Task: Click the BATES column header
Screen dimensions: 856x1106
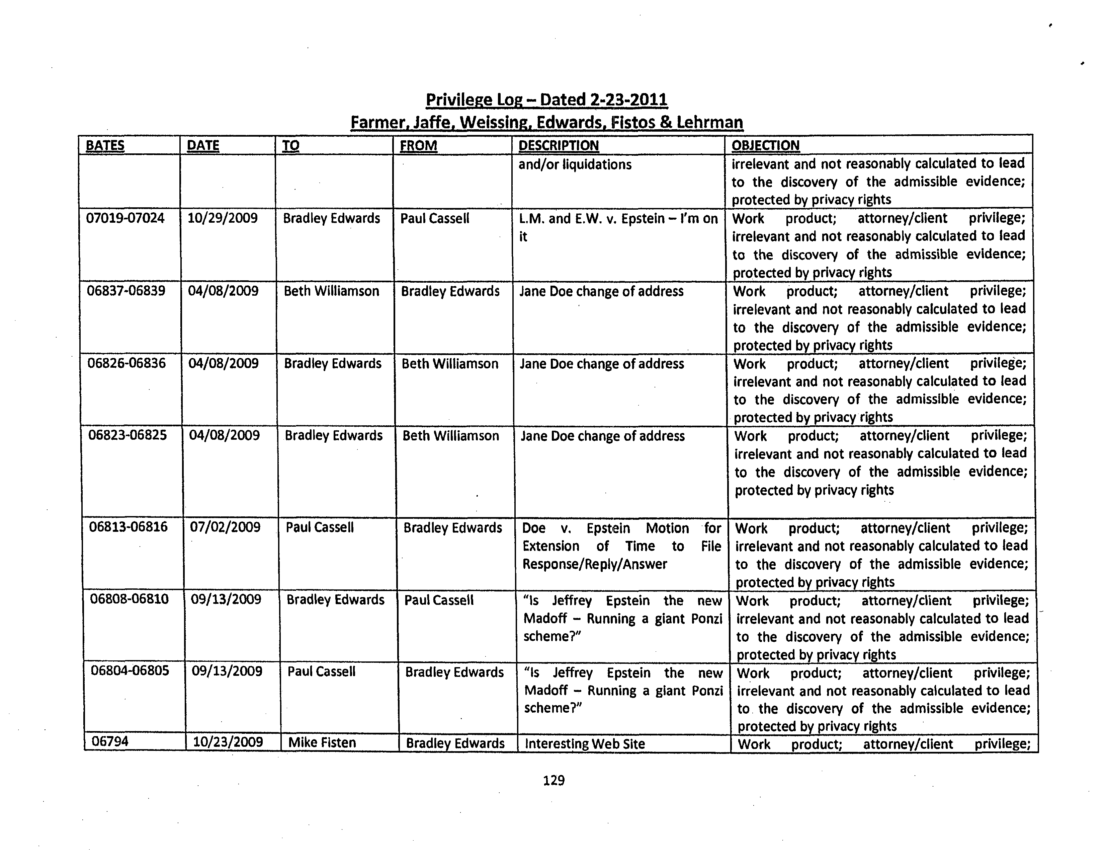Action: [x=105, y=145]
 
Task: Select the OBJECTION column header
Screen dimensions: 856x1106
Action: [x=765, y=145]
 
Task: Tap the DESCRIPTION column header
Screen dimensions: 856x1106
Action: [x=558, y=145]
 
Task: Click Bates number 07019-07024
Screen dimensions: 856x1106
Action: [x=125, y=218]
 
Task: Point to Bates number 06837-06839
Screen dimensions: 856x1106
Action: [x=126, y=291]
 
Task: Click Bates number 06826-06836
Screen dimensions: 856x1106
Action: [x=126, y=363]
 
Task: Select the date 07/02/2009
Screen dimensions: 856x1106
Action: [x=225, y=527]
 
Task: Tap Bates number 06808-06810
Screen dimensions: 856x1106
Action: [x=129, y=599]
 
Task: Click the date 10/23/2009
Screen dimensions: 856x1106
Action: [x=228, y=742]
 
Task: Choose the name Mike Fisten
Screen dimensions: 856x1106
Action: [x=322, y=742]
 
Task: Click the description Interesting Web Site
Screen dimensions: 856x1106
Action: [x=585, y=743]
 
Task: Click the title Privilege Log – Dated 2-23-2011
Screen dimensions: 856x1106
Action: [x=546, y=99]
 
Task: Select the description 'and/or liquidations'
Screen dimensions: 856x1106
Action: [x=575, y=164]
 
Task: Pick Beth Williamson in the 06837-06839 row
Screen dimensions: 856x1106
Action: [x=331, y=291]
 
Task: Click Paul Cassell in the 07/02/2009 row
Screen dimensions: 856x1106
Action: [x=320, y=527]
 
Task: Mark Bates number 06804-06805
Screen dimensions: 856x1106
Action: [x=130, y=671]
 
